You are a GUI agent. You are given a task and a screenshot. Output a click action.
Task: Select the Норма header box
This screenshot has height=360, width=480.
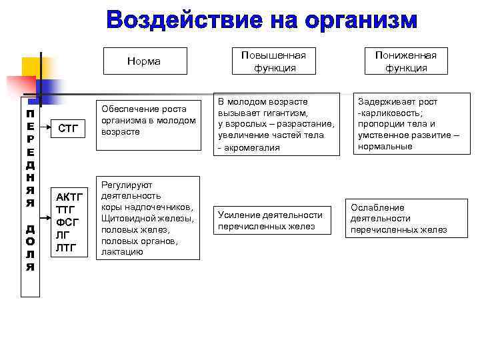pyautogui.click(x=144, y=61)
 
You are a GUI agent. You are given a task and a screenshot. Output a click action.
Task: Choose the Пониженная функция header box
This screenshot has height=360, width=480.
pyautogui.click(x=406, y=61)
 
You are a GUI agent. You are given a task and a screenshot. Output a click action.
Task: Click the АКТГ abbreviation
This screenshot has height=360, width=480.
pyautogui.click(x=69, y=197)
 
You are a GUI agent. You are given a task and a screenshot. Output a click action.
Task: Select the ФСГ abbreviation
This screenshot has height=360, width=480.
pyautogui.click(x=67, y=223)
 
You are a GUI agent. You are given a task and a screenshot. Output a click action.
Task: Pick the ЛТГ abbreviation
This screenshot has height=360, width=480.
pyautogui.click(x=67, y=248)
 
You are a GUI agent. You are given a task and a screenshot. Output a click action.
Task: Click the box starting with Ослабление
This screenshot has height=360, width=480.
pyautogui.click(x=399, y=219)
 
